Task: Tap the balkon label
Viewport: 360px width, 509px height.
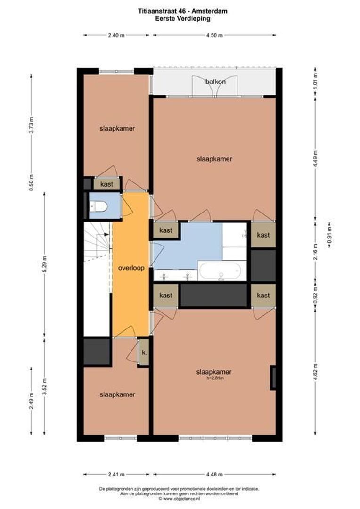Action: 215,82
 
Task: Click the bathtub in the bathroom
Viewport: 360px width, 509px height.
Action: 220,271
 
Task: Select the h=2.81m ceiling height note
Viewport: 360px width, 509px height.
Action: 214,378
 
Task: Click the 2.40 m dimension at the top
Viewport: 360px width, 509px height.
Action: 116,35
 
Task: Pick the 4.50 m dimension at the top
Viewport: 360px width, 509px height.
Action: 214,35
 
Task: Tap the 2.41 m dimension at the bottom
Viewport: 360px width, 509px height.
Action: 116,474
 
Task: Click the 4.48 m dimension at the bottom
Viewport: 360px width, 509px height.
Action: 214,474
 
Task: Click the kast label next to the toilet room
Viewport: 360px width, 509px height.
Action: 106,184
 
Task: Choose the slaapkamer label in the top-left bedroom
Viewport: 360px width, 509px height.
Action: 117,128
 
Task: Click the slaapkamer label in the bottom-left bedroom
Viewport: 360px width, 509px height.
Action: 117,394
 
